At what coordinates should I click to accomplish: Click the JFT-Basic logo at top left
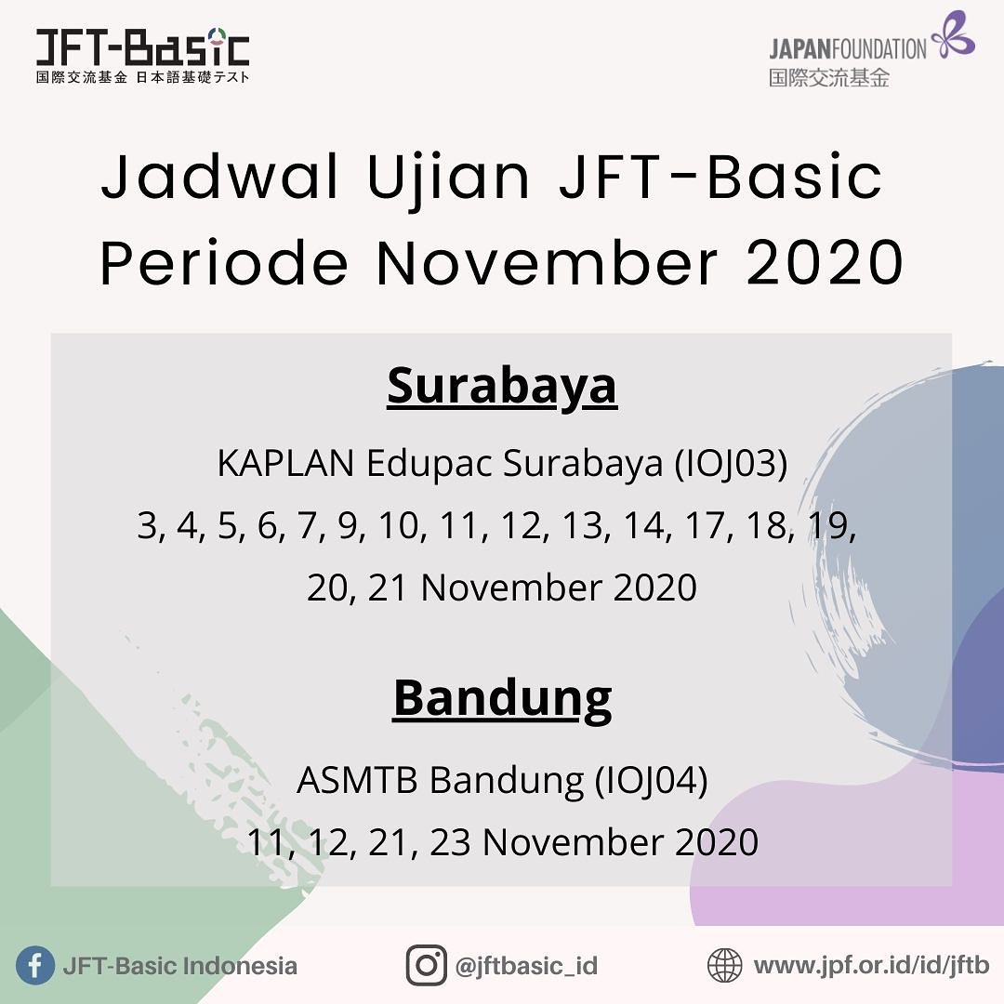[x=143, y=56]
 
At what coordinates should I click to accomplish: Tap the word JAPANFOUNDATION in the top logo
[x=848, y=49]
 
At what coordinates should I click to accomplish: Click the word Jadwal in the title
[x=219, y=176]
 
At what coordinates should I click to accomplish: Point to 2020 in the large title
[x=825, y=262]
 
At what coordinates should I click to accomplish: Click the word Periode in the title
[x=224, y=262]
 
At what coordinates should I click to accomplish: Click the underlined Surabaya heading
[x=502, y=388]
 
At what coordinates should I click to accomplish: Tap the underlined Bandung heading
[x=502, y=699]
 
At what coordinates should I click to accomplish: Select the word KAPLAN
[x=285, y=463]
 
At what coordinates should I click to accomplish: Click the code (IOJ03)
[x=731, y=464]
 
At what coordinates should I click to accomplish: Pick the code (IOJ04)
[x=651, y=781]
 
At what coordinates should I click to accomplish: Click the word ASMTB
[x=357, y=781]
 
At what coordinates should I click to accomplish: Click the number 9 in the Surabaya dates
[x=349, y=526]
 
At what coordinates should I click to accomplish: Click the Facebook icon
[x=34, y=965]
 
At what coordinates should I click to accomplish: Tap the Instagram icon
[x=427, y=965]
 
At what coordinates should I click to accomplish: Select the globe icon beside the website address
[x=725, y=965]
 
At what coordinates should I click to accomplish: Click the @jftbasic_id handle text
[x=526, y=966]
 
